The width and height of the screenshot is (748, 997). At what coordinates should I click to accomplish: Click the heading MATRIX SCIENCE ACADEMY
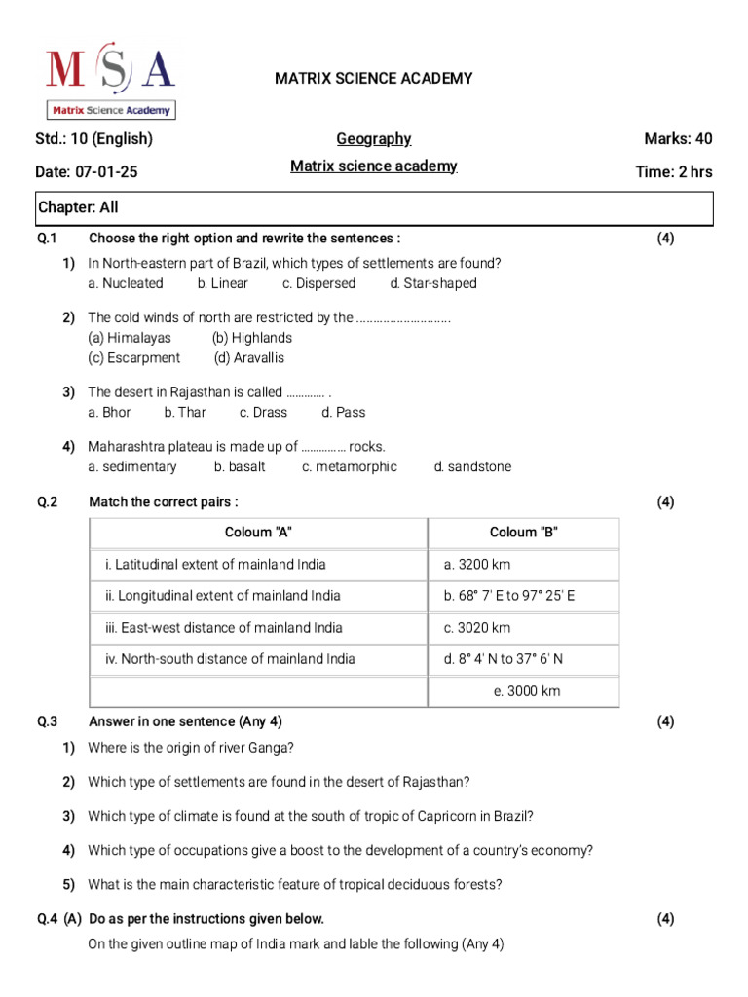click(x=374, y=78)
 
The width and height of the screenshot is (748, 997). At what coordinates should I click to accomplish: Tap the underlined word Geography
click(x=374, y=139)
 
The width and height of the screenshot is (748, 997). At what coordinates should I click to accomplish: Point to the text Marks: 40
click(x=678, y=139)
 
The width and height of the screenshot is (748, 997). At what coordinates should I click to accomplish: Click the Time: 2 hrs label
click(x=673, y=172)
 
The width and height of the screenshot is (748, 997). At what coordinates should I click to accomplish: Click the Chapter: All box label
click(x=78, y=207)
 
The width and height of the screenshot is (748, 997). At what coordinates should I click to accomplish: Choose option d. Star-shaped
click(x=433, y=283)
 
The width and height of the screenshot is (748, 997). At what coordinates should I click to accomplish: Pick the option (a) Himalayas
click(x=129, y=338)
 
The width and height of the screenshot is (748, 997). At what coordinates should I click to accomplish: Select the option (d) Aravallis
click(x=249, y=357)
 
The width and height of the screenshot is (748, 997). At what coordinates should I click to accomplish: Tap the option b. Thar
click(x=185, y=412)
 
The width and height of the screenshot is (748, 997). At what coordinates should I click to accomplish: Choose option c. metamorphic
click(x=350, y=466)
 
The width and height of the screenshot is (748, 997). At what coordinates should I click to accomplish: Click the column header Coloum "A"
click(x=258, y=532)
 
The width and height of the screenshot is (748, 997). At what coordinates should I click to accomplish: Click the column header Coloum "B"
click(x=523, y=532)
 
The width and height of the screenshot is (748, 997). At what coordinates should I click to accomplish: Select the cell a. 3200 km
click(x=477, y=564)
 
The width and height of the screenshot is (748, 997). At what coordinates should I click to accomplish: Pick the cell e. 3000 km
click(x=527, y=691)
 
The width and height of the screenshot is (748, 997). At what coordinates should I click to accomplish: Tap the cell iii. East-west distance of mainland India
click(x=224, y=627)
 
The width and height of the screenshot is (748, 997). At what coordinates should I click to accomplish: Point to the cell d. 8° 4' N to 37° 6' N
click(x=504, y=659)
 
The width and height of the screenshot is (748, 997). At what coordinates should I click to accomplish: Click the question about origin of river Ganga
click(x=191, y=748)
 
